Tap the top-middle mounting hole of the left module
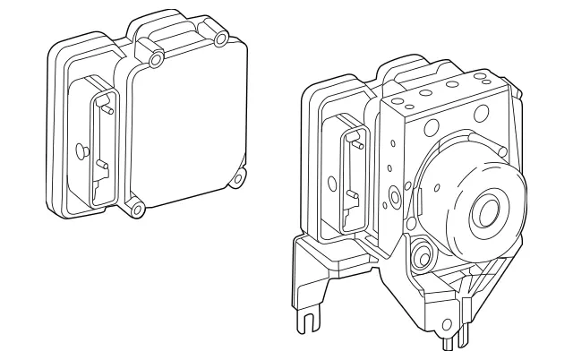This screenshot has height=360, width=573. pos(158,59)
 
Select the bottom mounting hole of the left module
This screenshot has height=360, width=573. pos(136,210)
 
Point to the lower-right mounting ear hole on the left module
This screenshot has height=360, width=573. pos(238,178)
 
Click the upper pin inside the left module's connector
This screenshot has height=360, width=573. pos(107,110)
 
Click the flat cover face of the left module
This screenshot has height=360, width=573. pos(188,125)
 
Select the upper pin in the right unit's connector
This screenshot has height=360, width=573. pos(357,140)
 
